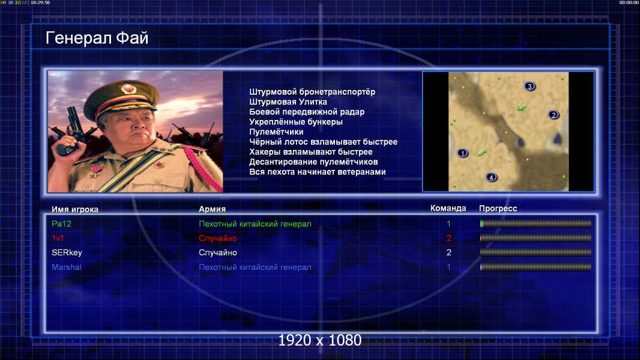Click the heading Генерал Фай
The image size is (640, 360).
[97, 38]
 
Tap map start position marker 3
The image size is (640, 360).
[530, 86]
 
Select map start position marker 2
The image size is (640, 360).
[554, 115]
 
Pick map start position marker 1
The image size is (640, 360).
[462, 153]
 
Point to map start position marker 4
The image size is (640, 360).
[491, 177]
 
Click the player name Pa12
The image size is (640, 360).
[61, 224]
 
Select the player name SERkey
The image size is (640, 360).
[67, 253]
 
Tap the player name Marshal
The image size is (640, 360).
[66, 268]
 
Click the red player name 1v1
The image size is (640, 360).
[58, 238]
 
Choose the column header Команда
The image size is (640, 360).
[448, 208]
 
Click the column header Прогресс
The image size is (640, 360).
[498, 208]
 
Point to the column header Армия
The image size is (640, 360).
[212, 209]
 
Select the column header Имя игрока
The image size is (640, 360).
[74, 209]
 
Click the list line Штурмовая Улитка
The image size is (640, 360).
[288, 102]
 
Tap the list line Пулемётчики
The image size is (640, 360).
[276, 131]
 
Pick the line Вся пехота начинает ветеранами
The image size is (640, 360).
[317, 172]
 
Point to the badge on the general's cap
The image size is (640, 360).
[128, 89]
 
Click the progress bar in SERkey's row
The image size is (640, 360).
[536, 253]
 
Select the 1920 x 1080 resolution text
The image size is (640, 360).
[319, 340]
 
